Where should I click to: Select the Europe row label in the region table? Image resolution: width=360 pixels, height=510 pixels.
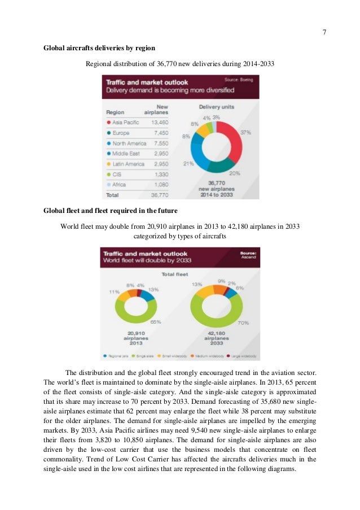(x=121, y=133)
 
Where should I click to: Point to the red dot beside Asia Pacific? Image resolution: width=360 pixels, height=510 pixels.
(x=108, y=121)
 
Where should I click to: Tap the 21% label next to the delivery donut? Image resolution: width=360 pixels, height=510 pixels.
(x=188, y=164)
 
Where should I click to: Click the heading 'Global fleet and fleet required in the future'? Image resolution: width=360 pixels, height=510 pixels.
(x=111, y=211)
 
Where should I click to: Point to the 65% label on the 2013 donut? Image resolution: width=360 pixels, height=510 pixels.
(x=155, y=321)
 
